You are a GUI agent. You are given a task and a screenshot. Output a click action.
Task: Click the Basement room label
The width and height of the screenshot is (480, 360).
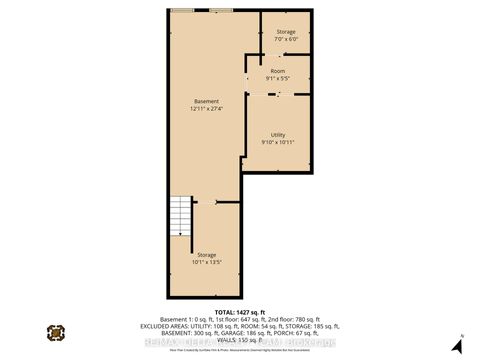(205, 100)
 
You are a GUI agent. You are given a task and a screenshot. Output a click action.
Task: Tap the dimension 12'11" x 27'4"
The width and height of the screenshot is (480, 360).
(205, 108)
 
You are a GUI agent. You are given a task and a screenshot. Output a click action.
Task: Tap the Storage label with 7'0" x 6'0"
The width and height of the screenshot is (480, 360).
(285, 32)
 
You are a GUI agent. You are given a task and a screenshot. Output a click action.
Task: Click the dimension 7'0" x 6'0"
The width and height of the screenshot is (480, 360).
(285, 40)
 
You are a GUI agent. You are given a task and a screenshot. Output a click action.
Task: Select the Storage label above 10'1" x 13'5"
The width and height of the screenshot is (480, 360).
(207, 255)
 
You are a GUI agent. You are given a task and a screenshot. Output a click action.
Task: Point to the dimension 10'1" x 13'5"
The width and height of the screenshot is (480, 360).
(207, 263)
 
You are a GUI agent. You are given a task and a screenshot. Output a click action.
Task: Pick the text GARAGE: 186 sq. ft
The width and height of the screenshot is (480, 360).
(247, 334)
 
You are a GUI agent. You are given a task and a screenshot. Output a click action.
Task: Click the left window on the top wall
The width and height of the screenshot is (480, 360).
(182, 10)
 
